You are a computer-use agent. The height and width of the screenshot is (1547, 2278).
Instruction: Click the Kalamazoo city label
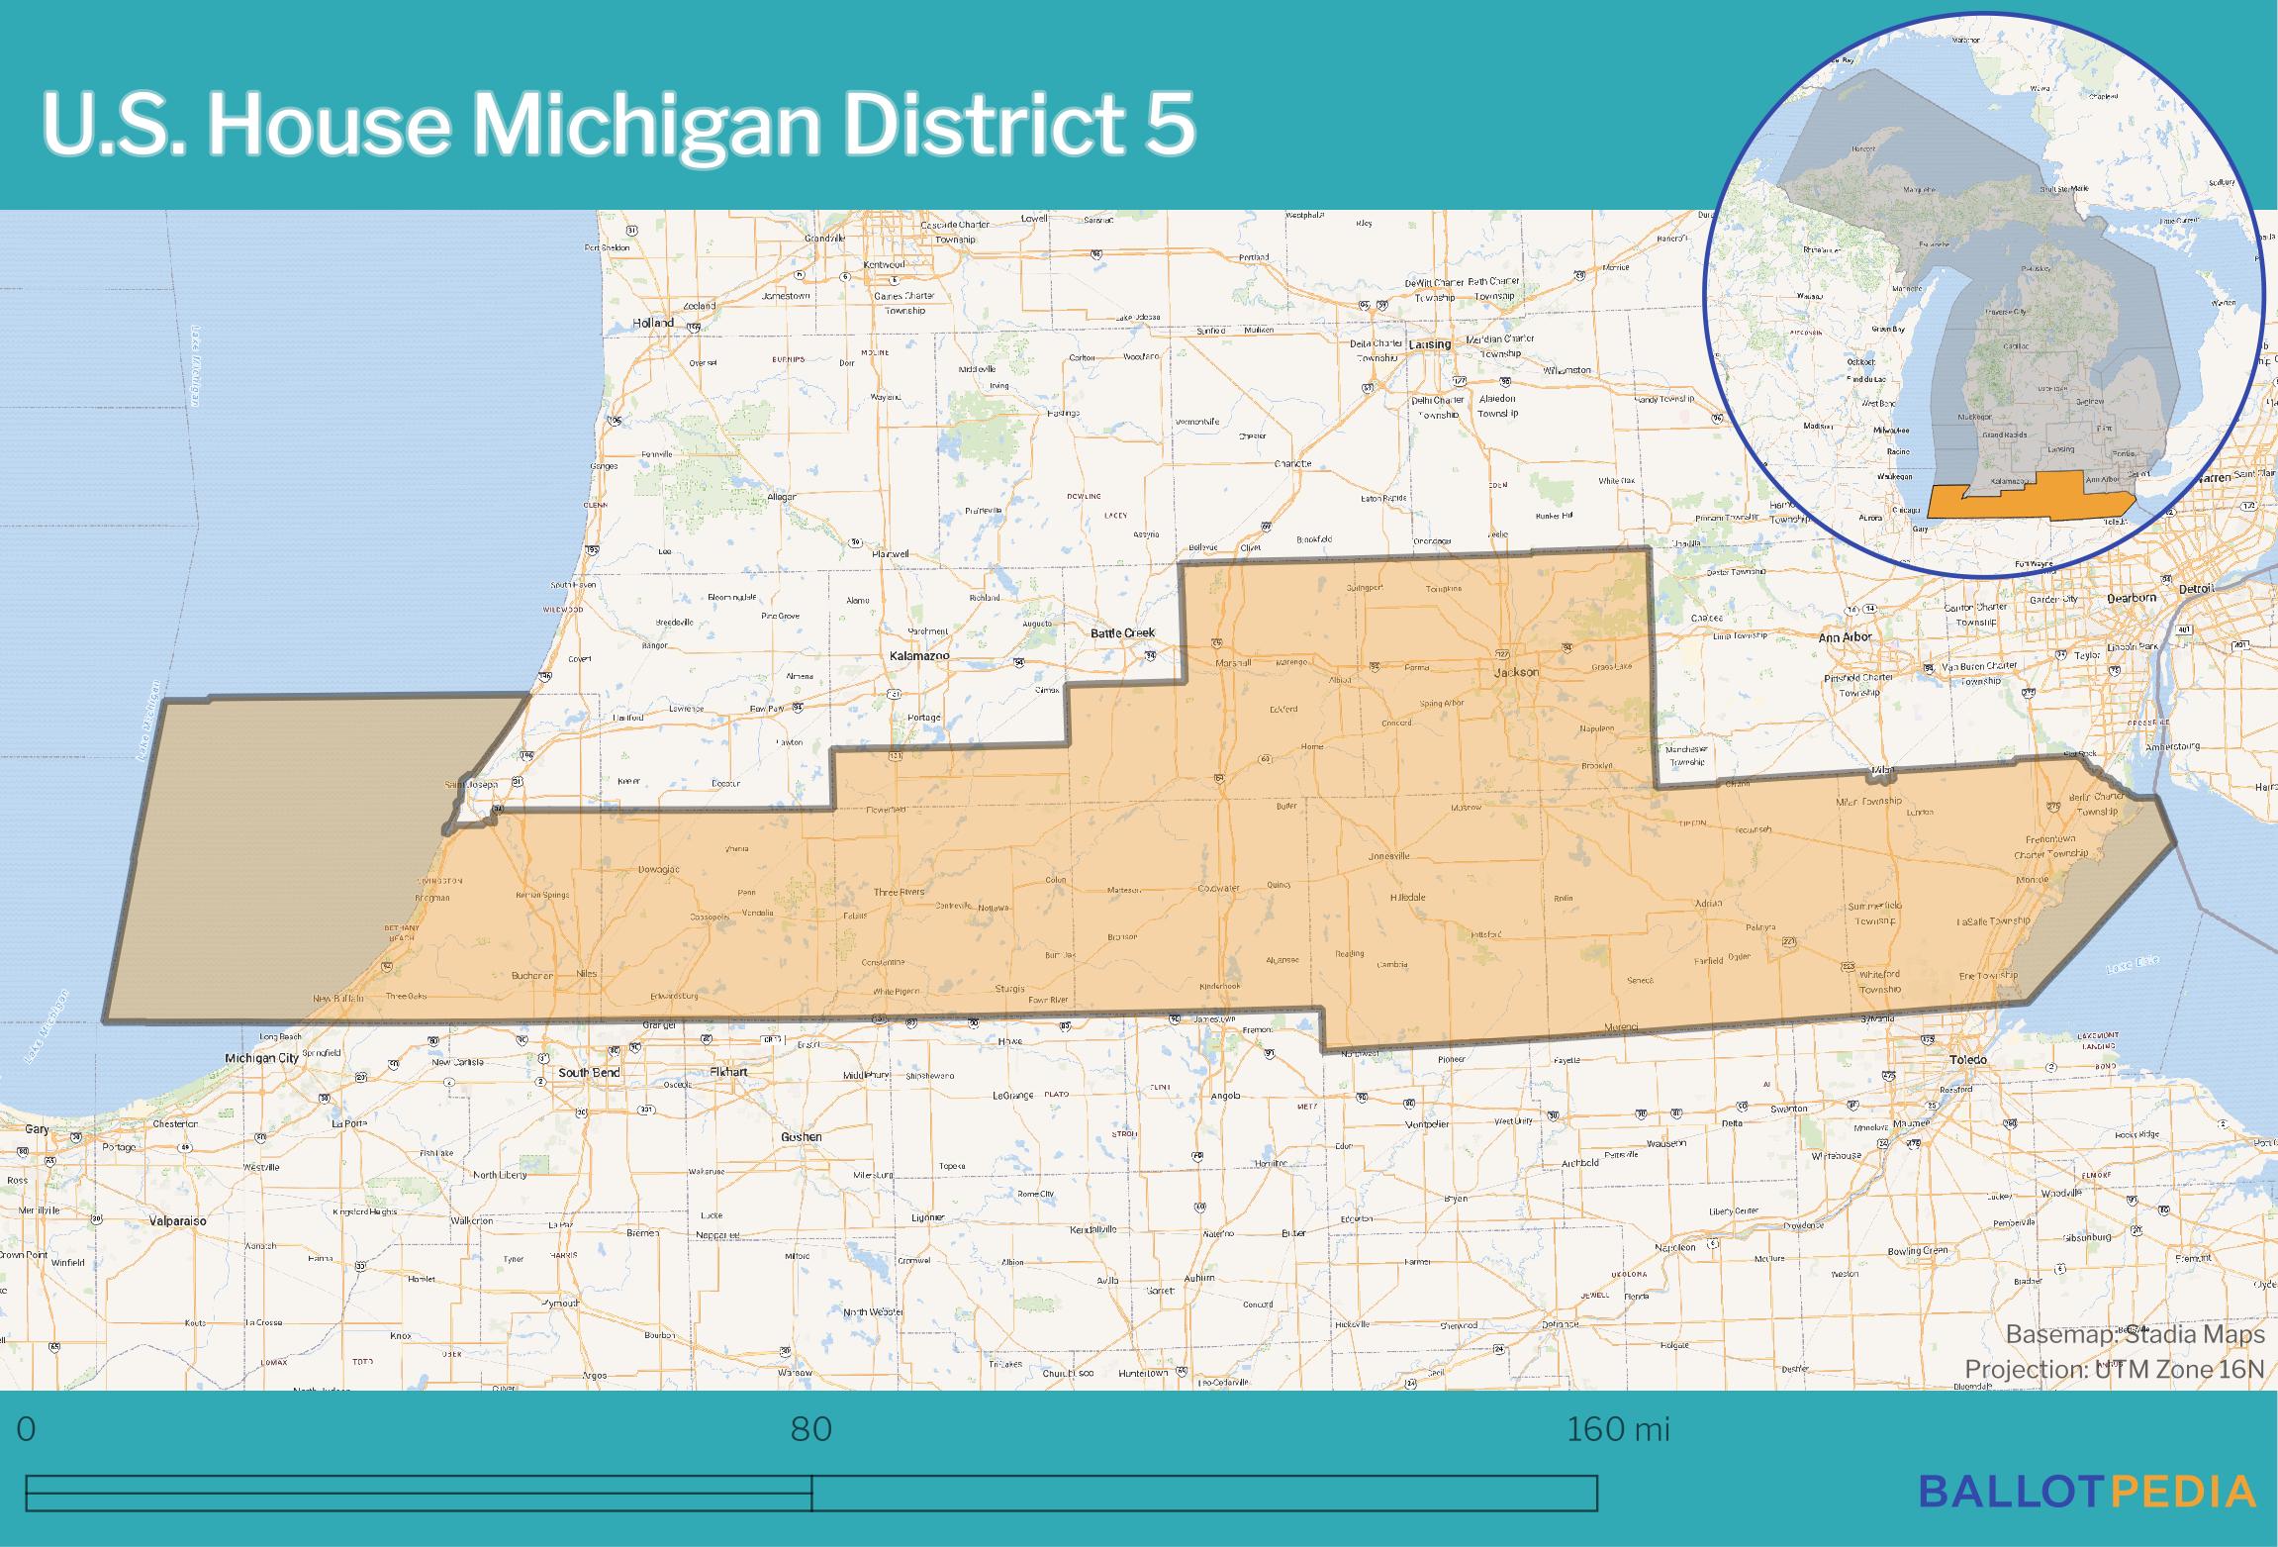pos(919,656)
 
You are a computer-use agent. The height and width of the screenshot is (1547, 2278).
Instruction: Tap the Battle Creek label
pos(1122,632)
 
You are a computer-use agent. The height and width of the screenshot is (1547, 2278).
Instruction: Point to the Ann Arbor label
pos(1846,637)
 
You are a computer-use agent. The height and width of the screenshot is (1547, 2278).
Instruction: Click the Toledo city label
pos(1968,1060)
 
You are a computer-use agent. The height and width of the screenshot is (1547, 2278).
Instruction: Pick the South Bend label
pos(589,1073)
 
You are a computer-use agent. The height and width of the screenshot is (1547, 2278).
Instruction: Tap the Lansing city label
pos(1429,344)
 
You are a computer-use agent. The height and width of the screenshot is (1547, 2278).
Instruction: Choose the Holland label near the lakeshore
pos(654,323)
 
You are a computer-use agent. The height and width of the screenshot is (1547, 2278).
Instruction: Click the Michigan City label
pos(262,1058)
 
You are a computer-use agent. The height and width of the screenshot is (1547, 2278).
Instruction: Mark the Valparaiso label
pos(178,1221)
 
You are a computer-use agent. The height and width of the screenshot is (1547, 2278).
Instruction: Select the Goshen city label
pos(802,1137)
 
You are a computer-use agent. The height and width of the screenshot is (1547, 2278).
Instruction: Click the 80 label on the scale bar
pos(810,1429)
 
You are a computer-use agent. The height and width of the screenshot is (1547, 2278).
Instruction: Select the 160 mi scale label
pos(1618,1429)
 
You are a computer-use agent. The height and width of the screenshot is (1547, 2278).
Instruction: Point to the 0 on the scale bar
pos(27,1429)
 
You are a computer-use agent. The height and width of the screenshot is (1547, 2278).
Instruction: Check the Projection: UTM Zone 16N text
pos(2114,1370)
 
